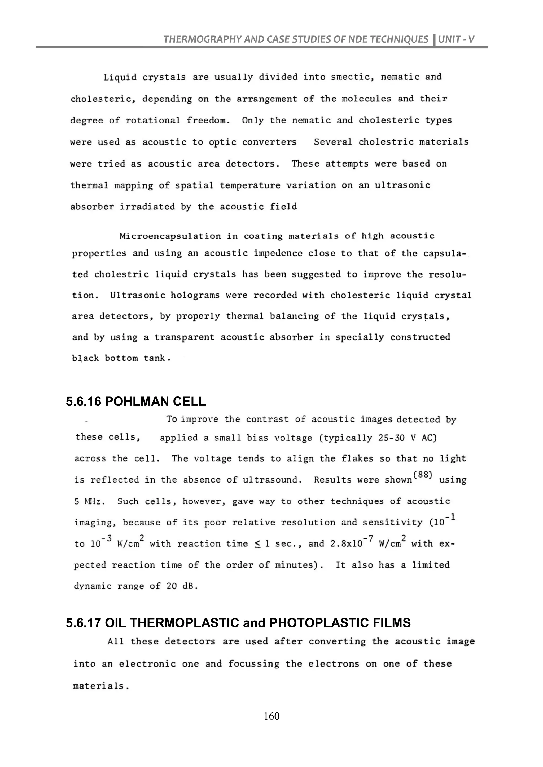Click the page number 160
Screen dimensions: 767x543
[271, 716]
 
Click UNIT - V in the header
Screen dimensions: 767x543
[456, 39]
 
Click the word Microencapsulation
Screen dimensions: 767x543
[170, 236]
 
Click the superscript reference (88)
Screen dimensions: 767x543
[423, 475]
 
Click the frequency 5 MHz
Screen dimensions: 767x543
[89, 501]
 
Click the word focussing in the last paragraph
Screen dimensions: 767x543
[253, 664]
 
